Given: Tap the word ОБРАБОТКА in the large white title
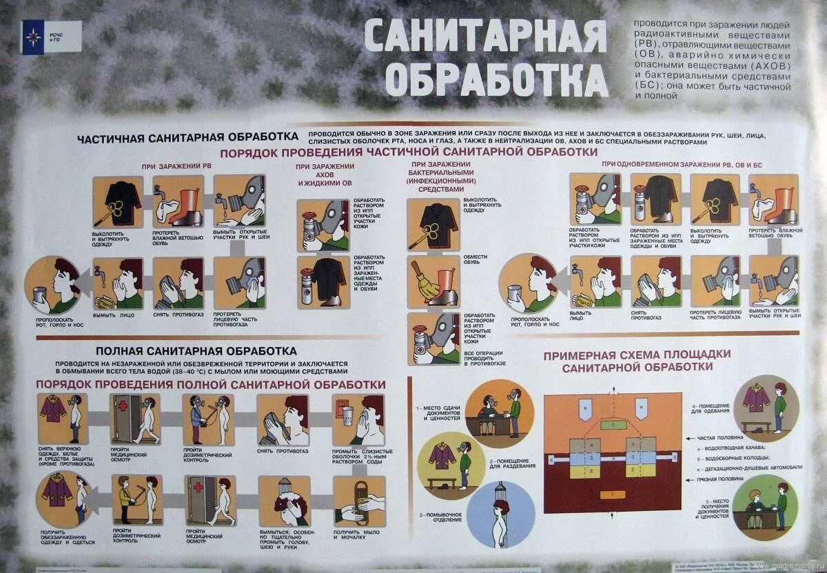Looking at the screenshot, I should (x=496, y=79).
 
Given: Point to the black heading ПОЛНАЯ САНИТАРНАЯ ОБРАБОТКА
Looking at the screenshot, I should (x=196, y=351).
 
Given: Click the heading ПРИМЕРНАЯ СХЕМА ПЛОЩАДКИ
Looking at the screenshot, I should (x=637, y=354).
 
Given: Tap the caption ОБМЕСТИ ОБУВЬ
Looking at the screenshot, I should (x=475, y=261).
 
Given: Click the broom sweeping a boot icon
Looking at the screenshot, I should (x=433, y=281).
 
